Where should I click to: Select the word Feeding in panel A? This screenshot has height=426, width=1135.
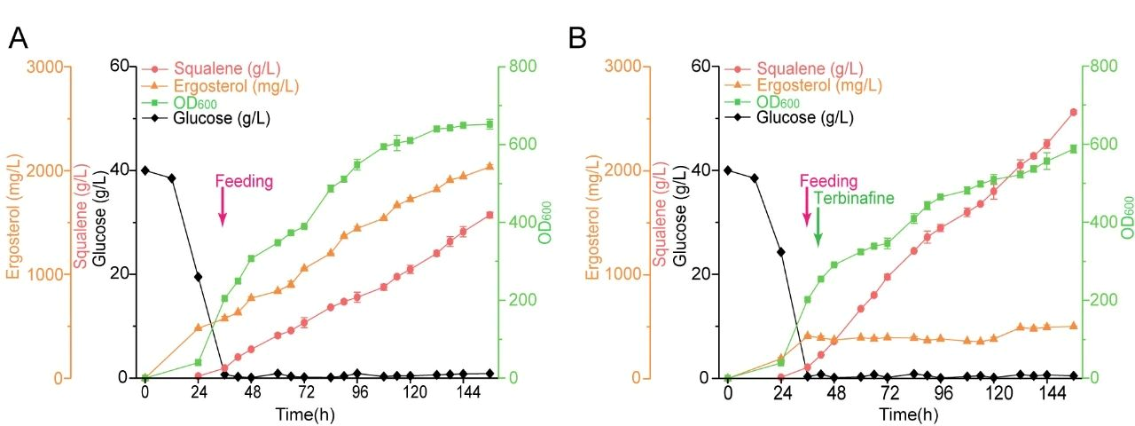(244, 181)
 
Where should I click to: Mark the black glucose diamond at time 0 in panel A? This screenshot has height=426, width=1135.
(145, 170)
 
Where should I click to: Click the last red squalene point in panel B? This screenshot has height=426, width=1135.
(1074, 112)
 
